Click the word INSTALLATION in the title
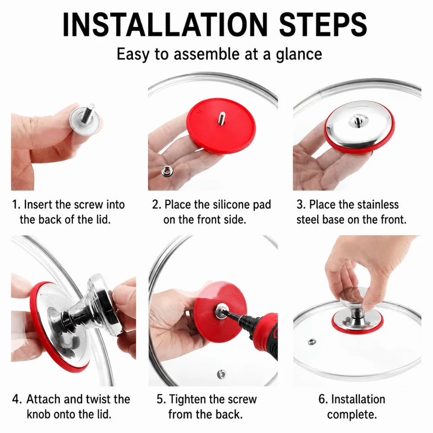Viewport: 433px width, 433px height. point(165,25)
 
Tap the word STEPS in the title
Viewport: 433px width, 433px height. point(323,25)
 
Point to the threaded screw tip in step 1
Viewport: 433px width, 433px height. point(89,111)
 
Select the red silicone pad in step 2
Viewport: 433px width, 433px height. point(221,126)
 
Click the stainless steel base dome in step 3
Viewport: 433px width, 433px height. point(358,124)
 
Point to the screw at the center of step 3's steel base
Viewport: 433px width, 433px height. point(358,120)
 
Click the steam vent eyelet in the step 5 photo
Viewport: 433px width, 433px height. point(221,374)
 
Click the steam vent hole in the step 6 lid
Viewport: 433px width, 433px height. point(312,342)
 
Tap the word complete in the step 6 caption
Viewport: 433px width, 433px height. point(352,415)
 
